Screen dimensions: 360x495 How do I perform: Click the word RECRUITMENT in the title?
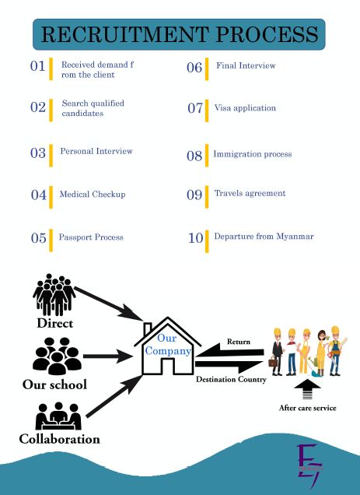pos(124,34)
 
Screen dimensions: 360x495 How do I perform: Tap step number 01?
pos(38,66)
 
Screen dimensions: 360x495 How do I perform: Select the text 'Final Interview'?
pos(246,65)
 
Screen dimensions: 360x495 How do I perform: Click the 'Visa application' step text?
pos(245,108)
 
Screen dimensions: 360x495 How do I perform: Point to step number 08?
pos(194,156)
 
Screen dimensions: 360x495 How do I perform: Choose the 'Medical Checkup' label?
pos(93,194)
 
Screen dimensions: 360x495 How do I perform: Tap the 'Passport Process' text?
pos(91,237)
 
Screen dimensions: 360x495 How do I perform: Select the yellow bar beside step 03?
pos(51,156)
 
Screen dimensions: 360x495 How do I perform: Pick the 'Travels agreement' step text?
pos(250,193)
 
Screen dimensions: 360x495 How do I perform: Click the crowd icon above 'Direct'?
pos(54,294)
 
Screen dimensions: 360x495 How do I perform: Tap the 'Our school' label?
pos(54,384)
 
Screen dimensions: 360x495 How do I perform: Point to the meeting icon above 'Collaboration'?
pos(58,416)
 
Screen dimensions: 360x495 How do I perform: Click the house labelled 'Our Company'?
pos(168,346)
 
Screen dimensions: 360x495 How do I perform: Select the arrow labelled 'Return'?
pos(229,351)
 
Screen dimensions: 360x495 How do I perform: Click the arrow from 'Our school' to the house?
pos(107,356)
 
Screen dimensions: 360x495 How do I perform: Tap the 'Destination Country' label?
pos(231,379)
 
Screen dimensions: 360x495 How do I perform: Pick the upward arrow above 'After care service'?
pos(307,390)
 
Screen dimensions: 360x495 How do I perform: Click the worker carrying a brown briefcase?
pos(277,352)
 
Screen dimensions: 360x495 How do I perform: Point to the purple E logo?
pos(310,465)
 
